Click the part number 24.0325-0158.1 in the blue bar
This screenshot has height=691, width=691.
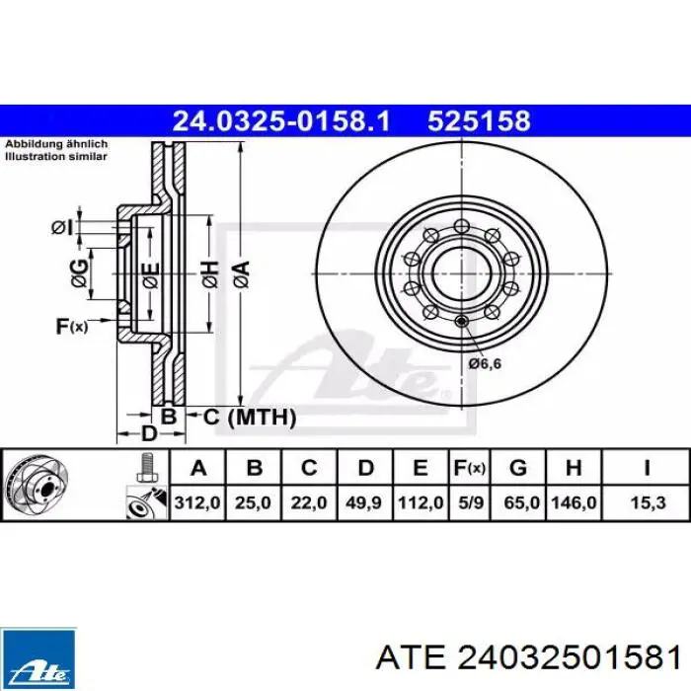pos(281,121)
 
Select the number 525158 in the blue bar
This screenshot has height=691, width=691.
pos(479,121)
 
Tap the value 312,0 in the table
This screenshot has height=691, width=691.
pos(197,502)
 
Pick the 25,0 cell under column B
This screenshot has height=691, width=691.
pos(253,502)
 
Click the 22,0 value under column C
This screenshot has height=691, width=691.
pos(309,502)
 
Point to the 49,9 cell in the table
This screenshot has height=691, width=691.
pos(363,502)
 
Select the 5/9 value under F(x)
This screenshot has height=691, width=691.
pos(471,502)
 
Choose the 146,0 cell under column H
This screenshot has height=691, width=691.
pos(574,502)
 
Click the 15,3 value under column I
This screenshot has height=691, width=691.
pos(648,502)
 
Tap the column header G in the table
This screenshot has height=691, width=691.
pos(518,467)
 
